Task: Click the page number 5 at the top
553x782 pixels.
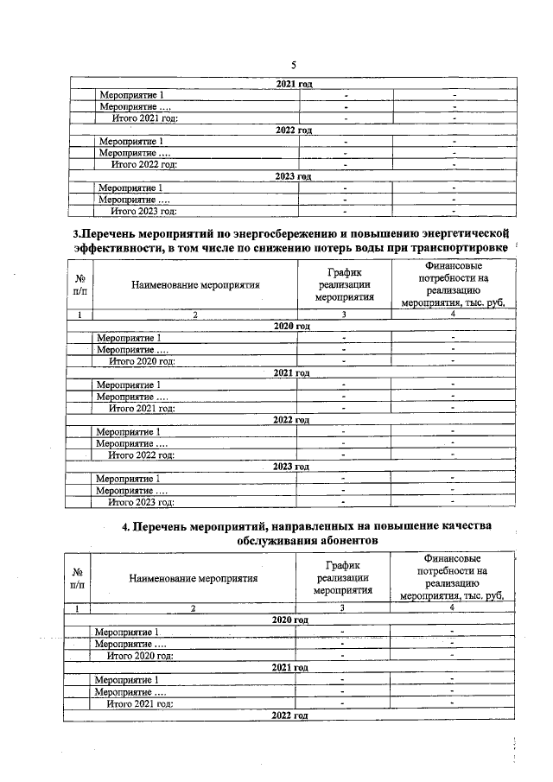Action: point(294,66)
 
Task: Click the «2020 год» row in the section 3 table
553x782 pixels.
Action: point(291,326)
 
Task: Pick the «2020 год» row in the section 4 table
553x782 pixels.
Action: point(290,620)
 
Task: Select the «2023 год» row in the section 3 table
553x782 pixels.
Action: point(291,467)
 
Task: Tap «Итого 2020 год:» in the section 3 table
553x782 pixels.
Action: point(142,361)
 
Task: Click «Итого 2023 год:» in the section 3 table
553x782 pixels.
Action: point(142,502)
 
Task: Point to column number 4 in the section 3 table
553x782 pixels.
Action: point(453,315)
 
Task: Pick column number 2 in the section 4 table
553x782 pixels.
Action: point(194,609)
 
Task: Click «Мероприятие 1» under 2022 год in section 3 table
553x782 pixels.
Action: point(130,432)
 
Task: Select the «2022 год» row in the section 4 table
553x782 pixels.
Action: point(290,716)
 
